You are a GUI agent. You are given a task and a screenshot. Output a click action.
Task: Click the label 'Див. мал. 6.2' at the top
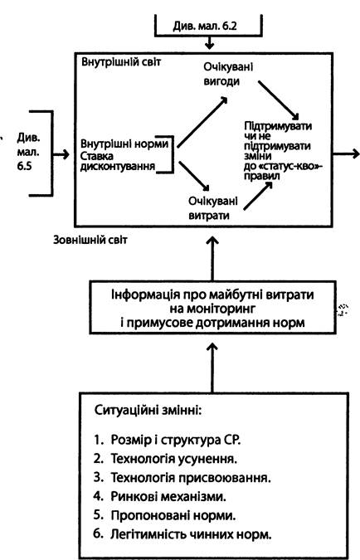click(205, 26)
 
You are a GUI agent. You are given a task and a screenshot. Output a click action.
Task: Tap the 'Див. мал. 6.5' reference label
click(28, 152)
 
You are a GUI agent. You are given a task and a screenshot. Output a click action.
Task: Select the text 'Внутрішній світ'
click(121, 61)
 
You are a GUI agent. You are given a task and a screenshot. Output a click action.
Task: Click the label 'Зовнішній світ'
click(90, 239)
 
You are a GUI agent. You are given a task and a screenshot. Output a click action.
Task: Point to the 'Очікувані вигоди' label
click(228, 74)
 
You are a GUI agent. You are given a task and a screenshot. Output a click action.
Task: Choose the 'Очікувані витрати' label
click(213, 208)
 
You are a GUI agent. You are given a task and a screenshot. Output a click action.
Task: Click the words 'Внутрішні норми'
click(124, 144)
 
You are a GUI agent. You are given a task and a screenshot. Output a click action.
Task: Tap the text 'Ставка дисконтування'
click(118, 162)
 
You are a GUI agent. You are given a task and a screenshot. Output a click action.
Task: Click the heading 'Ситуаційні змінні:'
click(148, 410)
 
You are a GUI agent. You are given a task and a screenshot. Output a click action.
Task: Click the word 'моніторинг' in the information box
click(212, 309)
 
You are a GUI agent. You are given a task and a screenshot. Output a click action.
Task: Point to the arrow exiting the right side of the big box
click(346, 154)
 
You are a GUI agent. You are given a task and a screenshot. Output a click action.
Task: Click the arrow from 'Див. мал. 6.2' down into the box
click(210, 43)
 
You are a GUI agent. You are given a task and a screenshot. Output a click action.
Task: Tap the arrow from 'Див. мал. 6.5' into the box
click(61, 154)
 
